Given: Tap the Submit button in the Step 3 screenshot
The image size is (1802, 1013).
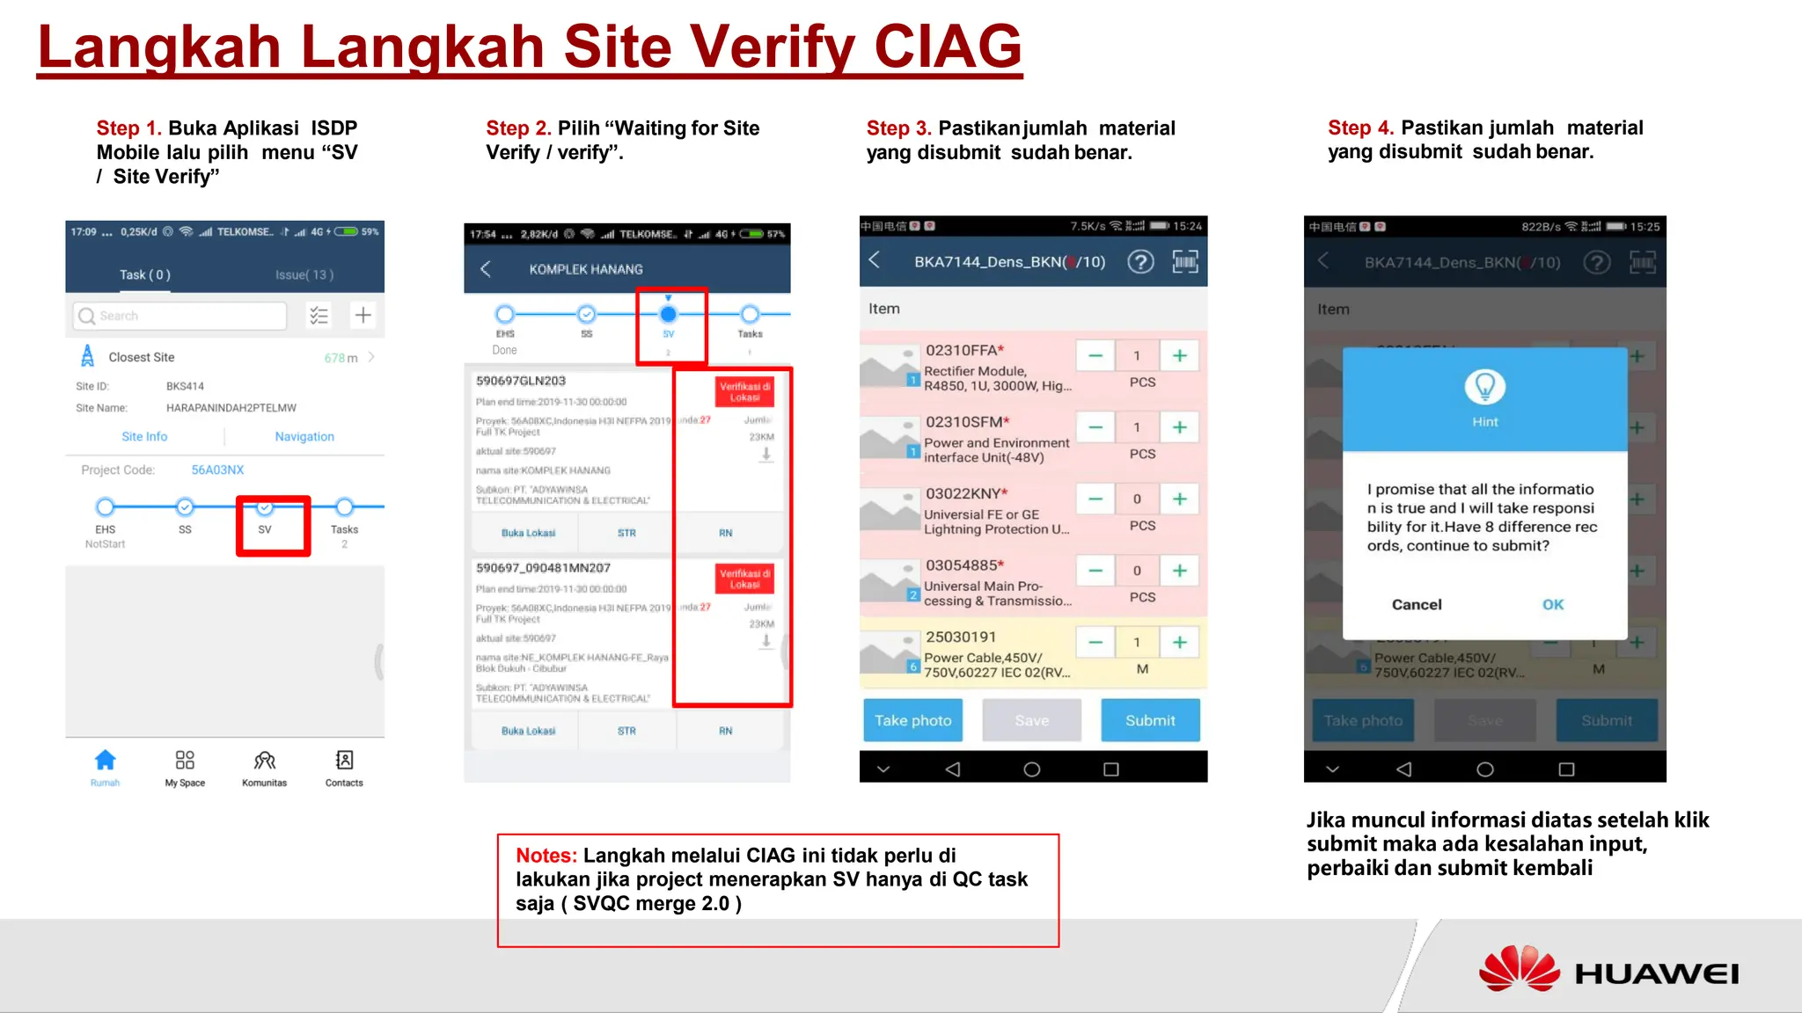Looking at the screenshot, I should click(x=1149, y=720).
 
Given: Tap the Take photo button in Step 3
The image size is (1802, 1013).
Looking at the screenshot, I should click(x=912, y=720).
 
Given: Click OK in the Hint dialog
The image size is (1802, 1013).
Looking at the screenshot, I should click(x=1552, y=604).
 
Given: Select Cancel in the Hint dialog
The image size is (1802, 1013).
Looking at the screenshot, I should click(x=1416, y=604).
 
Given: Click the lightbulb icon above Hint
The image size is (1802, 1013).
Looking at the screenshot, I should click(x=1484, y=387).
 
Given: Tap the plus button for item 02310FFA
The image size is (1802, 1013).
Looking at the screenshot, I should click(x=1179, y=356).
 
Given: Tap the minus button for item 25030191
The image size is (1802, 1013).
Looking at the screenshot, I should click(x=1095, y=643).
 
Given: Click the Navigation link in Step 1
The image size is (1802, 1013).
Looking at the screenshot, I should click(x=304, y=436).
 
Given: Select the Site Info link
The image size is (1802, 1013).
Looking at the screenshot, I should click(x=144, y=436).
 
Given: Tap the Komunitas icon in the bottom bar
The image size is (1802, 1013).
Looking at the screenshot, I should click(x=264, y=761).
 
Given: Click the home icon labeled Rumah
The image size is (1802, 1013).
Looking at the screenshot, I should click(x=105, y=761).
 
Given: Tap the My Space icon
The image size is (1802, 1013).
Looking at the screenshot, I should click(x=185, y=761).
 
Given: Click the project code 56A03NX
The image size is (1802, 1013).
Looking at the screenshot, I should click(x=217, y=470).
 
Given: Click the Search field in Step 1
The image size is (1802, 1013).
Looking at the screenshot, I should click(x=180, y=316).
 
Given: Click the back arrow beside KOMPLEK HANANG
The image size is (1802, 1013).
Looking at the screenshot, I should click(x=485, y=268).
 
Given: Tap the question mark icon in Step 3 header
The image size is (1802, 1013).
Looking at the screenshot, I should click(x=1140, y=262).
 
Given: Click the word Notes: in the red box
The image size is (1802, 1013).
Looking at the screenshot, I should click(x=546, y=855).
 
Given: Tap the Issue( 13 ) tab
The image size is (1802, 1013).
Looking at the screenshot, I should click(x=304, y=274).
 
